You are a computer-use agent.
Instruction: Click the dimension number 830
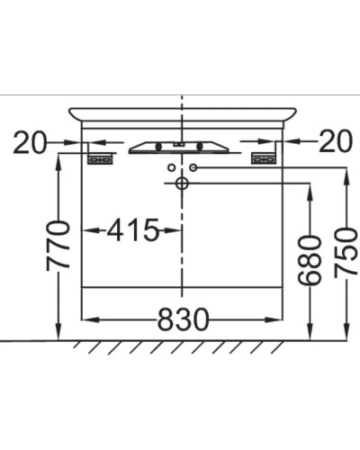[184, 319]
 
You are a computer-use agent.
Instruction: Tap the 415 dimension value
[133, 231]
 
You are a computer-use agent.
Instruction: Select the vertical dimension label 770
[59, 245]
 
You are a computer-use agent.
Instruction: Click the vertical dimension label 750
[346, 252]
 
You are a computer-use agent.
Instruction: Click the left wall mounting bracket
[100, 158]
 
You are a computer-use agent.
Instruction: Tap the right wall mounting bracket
[263, 158]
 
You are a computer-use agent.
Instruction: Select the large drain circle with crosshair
[181, 184]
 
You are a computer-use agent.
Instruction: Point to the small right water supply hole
[193, 166]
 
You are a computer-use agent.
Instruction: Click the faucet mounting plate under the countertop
[181, 146]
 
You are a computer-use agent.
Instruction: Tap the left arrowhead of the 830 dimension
[87, 319]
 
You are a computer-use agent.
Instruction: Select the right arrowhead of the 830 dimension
[277, 319]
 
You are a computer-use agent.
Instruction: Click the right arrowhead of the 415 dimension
[175, 231]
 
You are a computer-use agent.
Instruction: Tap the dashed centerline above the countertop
[182, 100]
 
